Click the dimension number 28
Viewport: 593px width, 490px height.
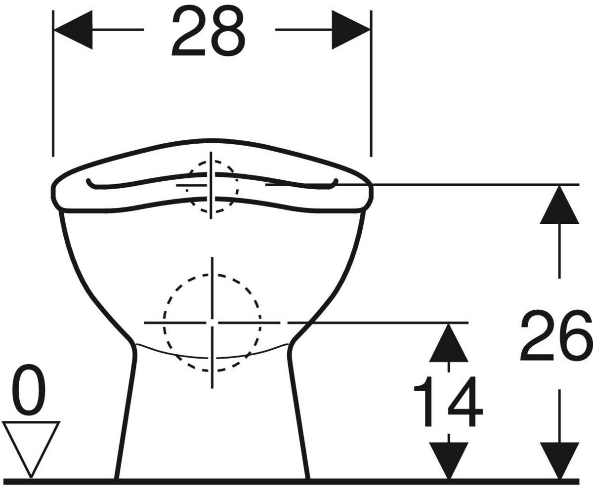pos(208,31)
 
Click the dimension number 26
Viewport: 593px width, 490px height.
pos(556,335)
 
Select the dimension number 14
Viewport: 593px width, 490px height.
pos(448,401)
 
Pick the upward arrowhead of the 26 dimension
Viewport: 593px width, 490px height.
pos(559,204)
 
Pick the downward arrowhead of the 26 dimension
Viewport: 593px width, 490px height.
pos(559,459)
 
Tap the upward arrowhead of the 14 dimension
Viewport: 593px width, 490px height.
pos(448,343)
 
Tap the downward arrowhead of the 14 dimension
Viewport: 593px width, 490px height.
pos(448,459)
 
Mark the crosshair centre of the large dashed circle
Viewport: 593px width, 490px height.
pos(212,323)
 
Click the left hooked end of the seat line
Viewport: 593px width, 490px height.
pos(89,183)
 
